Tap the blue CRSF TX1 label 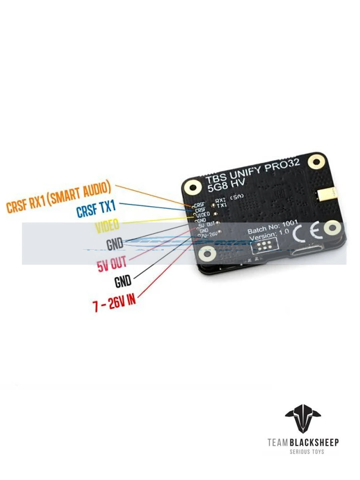click(x=96, y=209)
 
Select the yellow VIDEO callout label click(x=107, y=226)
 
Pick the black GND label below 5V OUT click(x=123, y=282)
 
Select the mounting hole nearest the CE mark click(x=331, y=228)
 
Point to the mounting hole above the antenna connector click(x=317, y=162)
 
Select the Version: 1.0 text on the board click(x=268, y=238)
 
